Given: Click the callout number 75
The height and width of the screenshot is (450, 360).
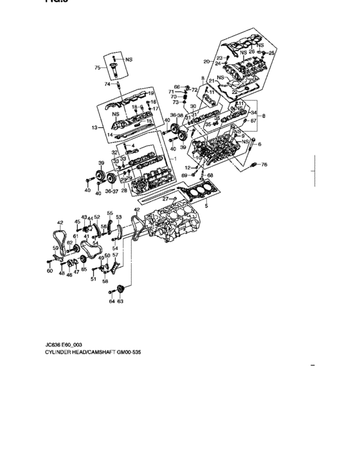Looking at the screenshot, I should pyautogui.click(x=97, y=67).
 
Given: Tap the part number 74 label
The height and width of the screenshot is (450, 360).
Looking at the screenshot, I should pyautogui.click(x=107, y=84).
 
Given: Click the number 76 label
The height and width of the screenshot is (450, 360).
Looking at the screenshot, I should pyautogui.click(x=264, y=165).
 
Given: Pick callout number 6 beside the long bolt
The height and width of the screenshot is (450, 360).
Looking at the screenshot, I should pyautogui.click(x=260, y=145).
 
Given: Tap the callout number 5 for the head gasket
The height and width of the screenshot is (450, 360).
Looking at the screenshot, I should pyautogui.click(x=206, y=205).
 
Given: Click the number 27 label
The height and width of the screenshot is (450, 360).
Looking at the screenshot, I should pyautogui.click(x=165, y=199).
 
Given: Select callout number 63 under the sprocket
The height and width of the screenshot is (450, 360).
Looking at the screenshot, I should pyautogui.click(x=120, y=301).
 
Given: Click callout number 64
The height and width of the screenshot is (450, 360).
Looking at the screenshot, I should pyautogui.click(x=111, y=301).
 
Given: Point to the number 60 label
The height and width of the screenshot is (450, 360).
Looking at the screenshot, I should pyautogui.click(x=50, y=271).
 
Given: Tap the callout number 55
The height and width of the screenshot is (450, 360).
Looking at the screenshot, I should pyautogui.click(x=110, y=213).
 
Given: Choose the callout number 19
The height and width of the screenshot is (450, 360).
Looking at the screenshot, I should pyautogui.click(x=151, y=94).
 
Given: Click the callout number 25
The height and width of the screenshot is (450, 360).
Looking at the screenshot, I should pyautogui.click(x=271, y=52).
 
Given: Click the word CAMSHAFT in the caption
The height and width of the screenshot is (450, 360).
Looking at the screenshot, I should pyautogui.click(x=111, y=353).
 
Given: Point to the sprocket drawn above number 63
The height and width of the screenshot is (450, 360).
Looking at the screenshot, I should pyautogui.click(x=120, y=287).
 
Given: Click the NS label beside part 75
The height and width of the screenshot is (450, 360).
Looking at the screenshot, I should pyautogui.click(x=129, y=59).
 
